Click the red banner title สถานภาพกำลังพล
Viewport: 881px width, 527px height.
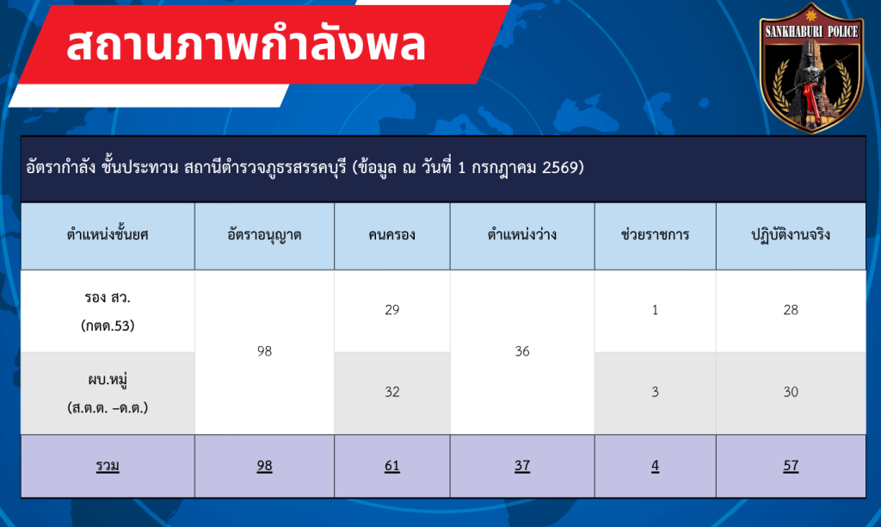(x=246, y=45)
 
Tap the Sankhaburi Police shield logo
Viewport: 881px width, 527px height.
(x=811, y=68)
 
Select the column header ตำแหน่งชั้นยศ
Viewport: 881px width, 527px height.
(x=108, y=234)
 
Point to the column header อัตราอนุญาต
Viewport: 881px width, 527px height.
(x=264, y=234)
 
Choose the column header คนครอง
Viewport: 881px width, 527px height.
(x=391, y=235)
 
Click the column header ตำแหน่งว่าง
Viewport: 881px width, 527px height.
(x=522, y=234)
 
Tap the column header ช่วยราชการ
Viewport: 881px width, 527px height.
(x=655, y=234)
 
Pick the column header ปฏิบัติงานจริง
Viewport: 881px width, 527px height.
(x=791, y=234)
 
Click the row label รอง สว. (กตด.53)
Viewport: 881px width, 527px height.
(x=108, y=311)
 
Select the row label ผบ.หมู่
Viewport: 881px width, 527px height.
(x=108, y=380)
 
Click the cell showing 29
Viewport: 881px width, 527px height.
(x=392, y=310)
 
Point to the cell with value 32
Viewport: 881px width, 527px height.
(x=392, y=392)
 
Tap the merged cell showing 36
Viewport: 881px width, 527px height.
(x=522, y=351)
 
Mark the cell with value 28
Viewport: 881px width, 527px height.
(x=791, y=310)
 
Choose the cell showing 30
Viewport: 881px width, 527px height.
(x=791, y=392)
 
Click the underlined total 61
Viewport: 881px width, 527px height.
(x=392, y=466)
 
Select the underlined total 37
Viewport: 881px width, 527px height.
(x=522, y=466)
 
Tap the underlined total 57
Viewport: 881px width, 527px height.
(x=791, y=466)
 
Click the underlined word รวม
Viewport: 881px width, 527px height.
(x=108, y=466)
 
